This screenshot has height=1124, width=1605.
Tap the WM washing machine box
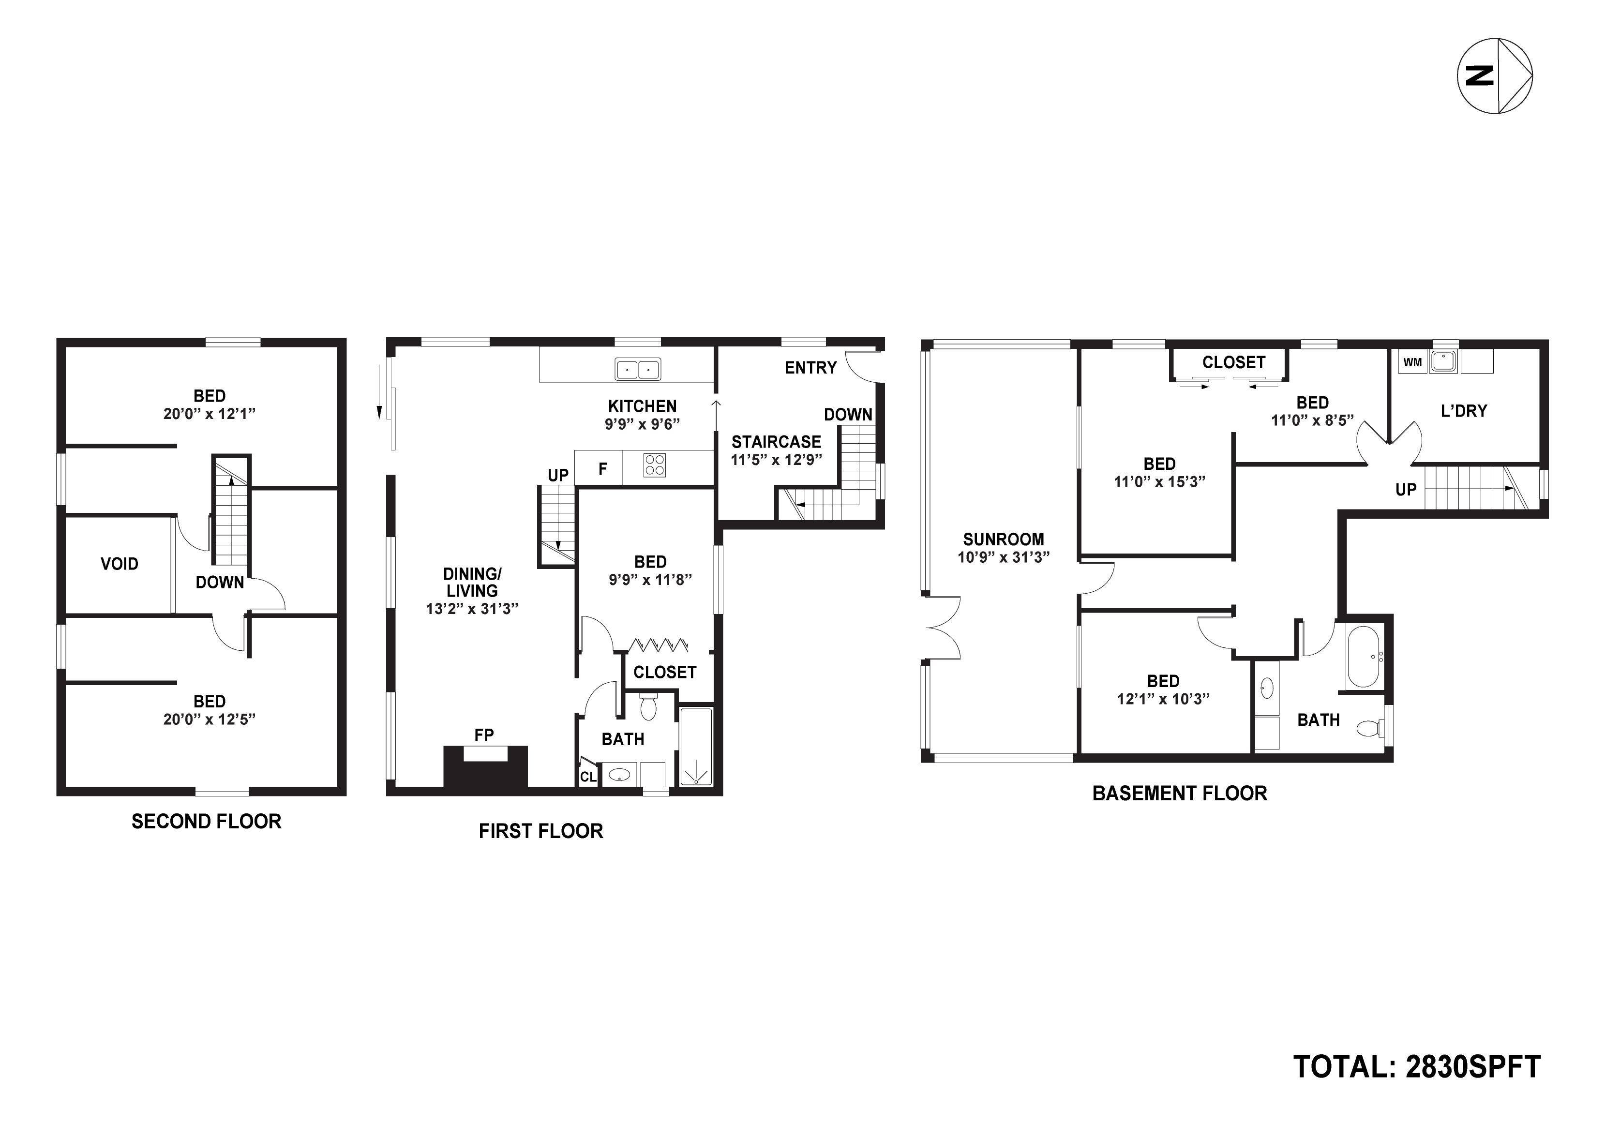[1412, 362]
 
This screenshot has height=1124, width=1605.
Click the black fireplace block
[485, 769]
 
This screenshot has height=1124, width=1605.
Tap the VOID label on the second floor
[120, 564]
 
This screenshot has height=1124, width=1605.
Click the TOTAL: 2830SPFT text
[1417, 1067]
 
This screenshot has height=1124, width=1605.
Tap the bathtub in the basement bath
[1363, 657]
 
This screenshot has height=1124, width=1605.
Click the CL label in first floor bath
[588, 777]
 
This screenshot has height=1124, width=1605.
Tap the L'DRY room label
[1464, 411]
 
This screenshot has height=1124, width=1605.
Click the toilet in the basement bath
[1369, 729]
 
